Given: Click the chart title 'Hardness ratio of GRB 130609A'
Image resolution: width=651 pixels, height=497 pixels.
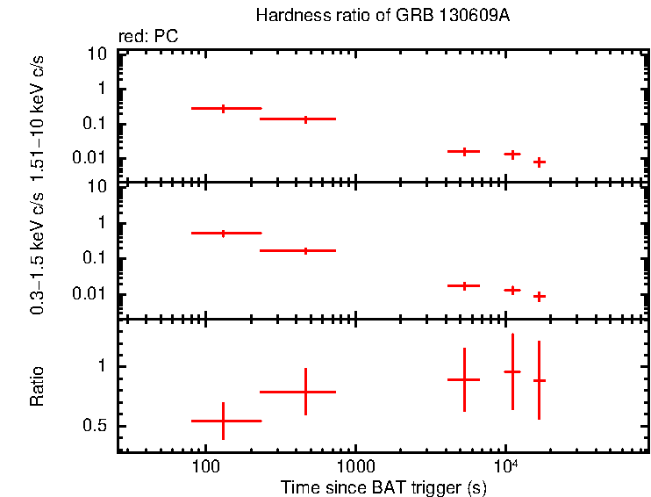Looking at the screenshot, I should pyautogui.click(x=368, y=16).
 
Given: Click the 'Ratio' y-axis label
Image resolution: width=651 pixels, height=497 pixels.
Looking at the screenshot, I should pyautogui.click(x=37, y=387).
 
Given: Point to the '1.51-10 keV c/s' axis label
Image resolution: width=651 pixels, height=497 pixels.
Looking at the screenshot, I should pyautogui.click(x=37, y=108).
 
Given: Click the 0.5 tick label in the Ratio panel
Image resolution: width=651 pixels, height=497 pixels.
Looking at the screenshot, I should pyautogui.click(x=97, y=427).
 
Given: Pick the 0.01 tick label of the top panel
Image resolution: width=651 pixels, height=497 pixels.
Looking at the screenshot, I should pyautogui.click(x=91, y=158).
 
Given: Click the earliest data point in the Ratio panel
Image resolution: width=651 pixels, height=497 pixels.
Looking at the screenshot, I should pyautogui.click(x=224, y=421).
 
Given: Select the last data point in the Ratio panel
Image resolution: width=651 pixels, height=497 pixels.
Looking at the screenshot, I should pyautogui.click(x=540, y=380).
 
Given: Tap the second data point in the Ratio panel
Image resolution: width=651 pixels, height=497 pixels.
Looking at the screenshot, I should pyautogui.click(x=305, y=392).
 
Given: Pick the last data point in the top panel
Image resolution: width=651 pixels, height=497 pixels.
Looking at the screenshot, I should pyautogui.click(x=540, y=162).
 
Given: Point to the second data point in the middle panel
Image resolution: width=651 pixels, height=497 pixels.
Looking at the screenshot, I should pyautogui.click(x=305, y=250).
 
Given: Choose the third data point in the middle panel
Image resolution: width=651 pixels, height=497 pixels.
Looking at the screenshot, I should pyautogui.click(x=464, y=285).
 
